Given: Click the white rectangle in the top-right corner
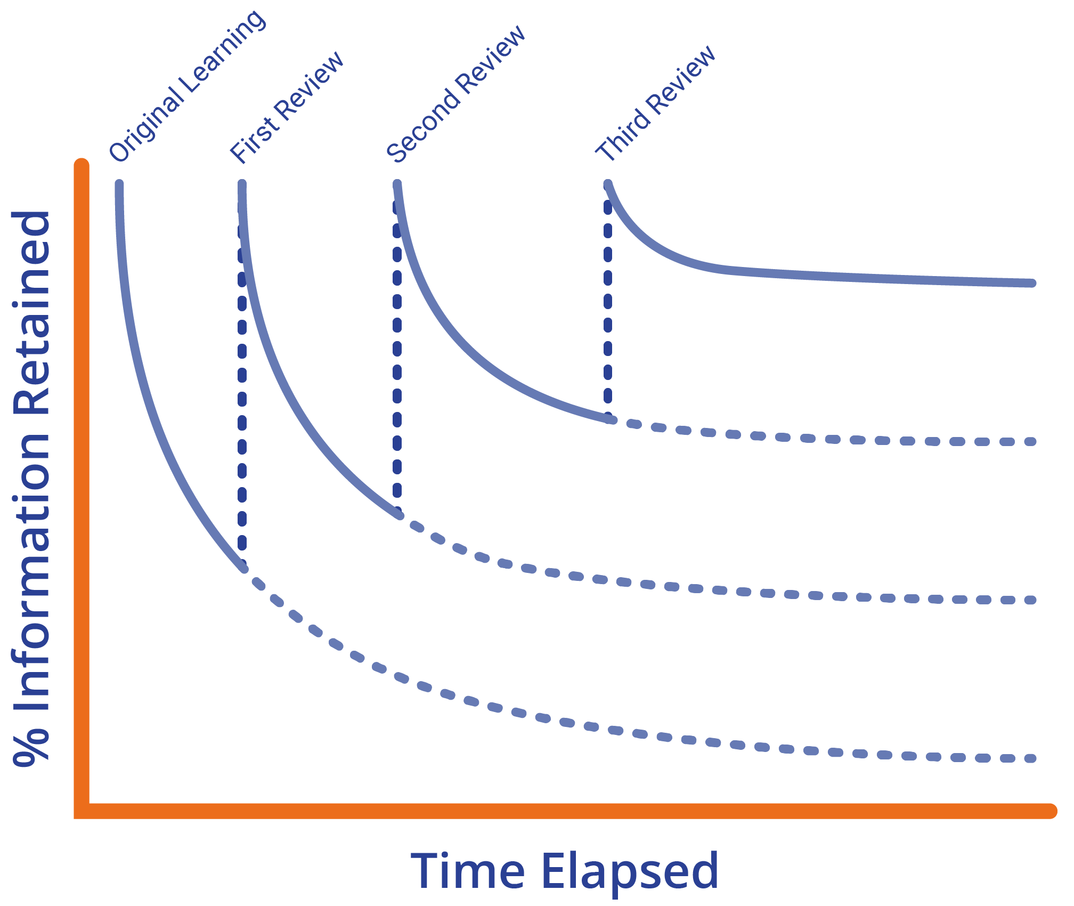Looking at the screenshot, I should (x=926, y=104).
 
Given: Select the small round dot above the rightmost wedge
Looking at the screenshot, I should (x=607, y=184).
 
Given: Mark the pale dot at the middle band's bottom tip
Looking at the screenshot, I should (x=397, y=514).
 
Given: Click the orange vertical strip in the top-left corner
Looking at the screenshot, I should (x=58, y=80).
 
